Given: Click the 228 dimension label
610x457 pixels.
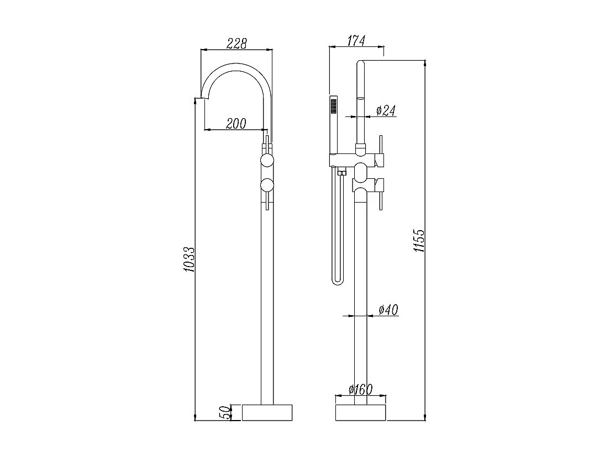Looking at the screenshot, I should point(236,43).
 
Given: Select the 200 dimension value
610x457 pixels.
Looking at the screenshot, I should point(236,124).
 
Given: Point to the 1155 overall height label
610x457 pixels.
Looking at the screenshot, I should point(419,241).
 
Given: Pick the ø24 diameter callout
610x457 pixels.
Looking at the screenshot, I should point(386,110).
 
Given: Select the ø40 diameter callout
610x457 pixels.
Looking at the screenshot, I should point(388,310).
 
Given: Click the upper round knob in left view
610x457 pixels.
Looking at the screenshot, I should point(267,161).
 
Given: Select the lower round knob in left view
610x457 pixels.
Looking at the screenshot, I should point(267,185).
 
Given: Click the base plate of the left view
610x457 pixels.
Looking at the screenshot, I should point(267,412).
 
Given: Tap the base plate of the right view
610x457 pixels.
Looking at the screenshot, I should point(360,412).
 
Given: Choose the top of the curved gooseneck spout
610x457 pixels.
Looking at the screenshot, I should point(236,66).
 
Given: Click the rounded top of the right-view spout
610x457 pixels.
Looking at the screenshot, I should point(360,62).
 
